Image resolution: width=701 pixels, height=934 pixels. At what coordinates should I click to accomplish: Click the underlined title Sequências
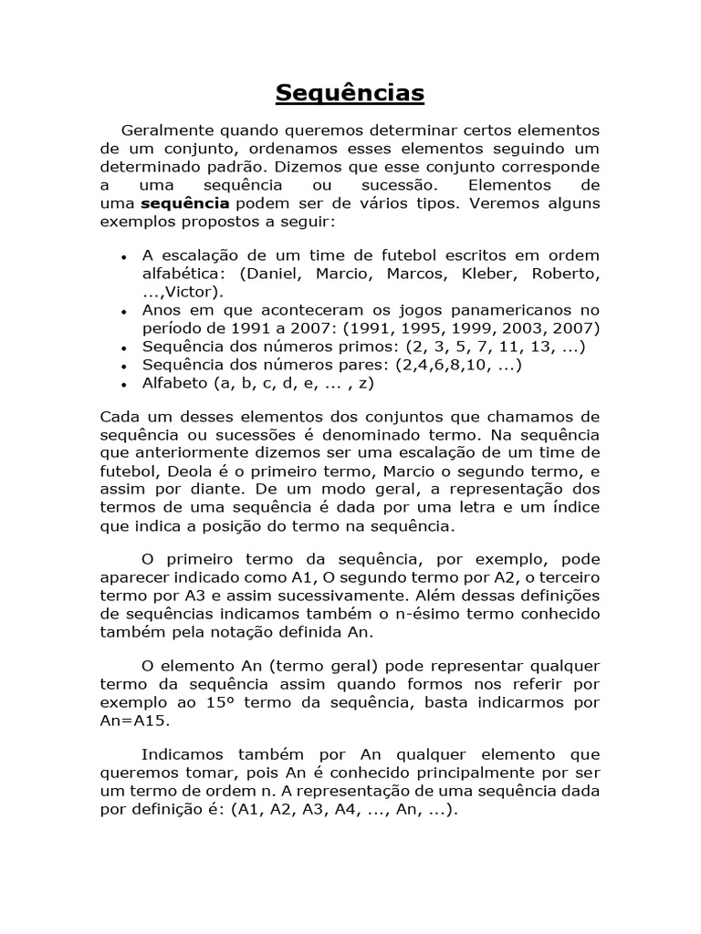350,93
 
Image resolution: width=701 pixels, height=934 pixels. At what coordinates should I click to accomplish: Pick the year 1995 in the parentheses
420,328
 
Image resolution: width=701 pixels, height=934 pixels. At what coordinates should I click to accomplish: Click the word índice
575,507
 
